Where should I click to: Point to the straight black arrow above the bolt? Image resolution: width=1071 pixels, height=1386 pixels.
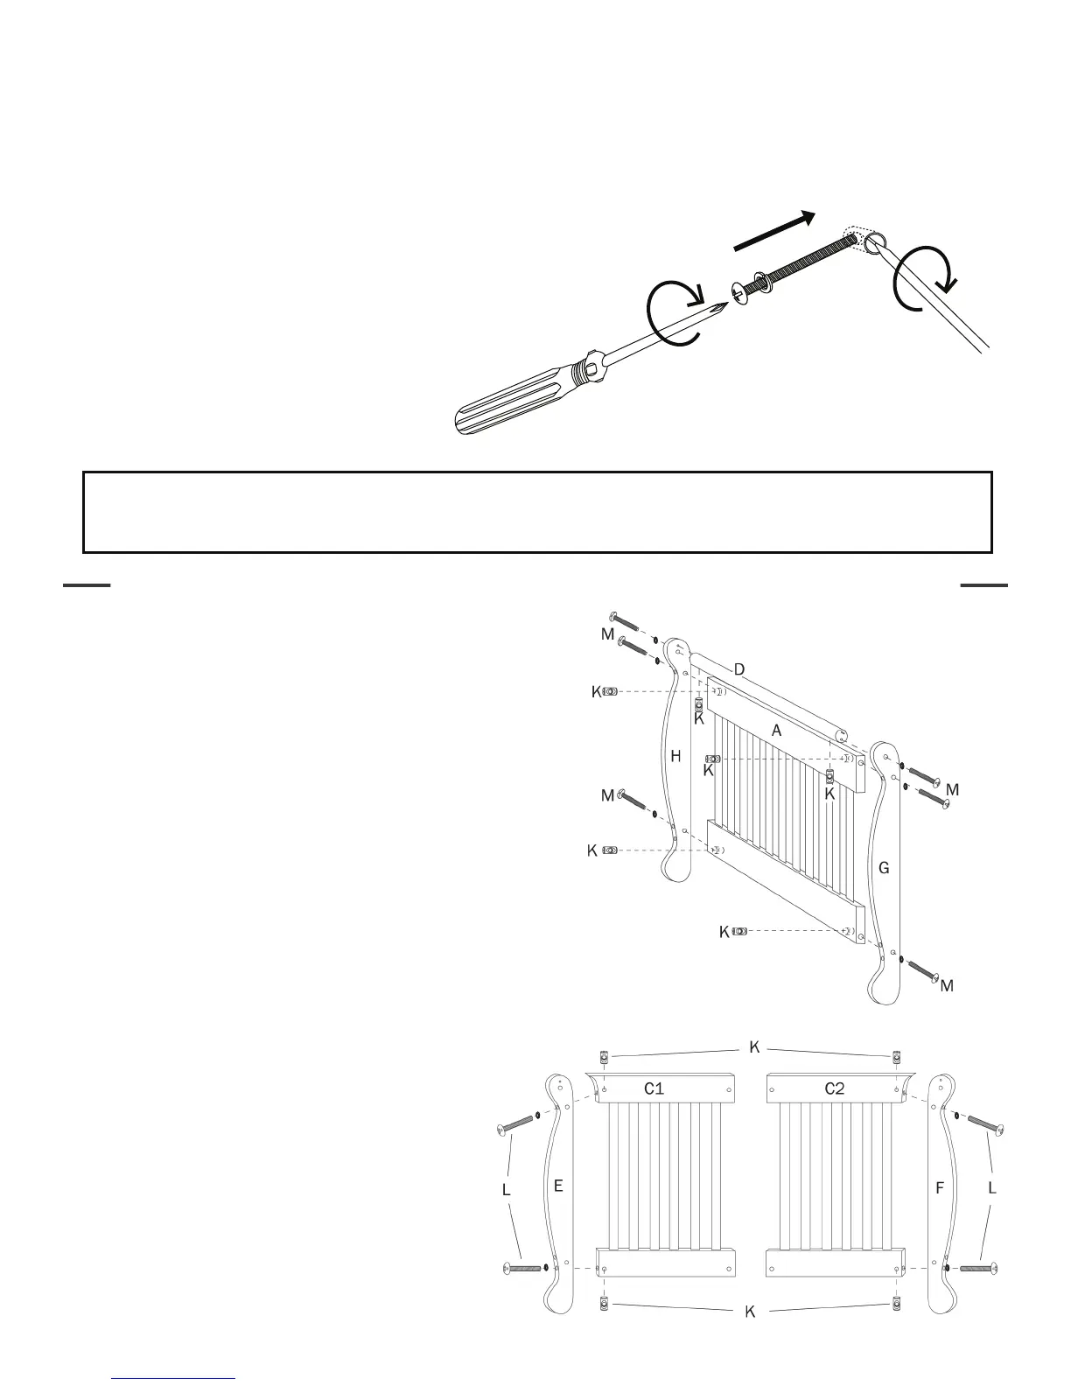coord(774,232)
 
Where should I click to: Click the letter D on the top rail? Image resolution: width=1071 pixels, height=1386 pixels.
coord(739,670)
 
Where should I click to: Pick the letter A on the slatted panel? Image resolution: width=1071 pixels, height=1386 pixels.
coord(776,730)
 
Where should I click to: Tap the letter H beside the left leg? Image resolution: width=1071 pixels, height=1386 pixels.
coord(675,757)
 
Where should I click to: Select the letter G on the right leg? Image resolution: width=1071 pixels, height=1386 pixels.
coord(884,868)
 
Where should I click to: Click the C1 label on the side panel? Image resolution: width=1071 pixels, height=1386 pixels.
coord(654,1088)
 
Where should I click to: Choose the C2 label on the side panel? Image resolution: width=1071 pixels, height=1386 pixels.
coord(835,1088)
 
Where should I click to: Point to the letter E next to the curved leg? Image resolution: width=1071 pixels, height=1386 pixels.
coord(558,1186)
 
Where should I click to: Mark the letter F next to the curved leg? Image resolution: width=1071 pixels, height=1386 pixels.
coord(941,1188)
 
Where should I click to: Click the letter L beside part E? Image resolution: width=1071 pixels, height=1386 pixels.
coord(506,1191)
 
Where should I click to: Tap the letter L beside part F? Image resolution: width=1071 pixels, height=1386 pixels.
coord(992,1188)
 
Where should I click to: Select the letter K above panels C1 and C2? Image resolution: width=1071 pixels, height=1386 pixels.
coord(754,1047)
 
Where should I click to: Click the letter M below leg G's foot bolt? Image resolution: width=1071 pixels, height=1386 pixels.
coord(947,986)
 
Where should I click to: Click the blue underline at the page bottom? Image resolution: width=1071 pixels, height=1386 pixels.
coord(174,1379)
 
